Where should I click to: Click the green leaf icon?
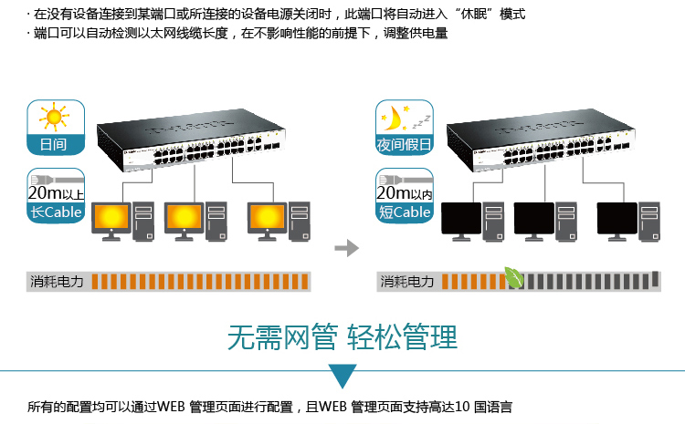click(515, 277)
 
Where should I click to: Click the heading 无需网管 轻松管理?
click(342, 337)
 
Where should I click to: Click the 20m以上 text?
click(56, 193)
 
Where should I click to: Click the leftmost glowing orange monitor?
click(111, 218)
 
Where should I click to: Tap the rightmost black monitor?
click(617, 219)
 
